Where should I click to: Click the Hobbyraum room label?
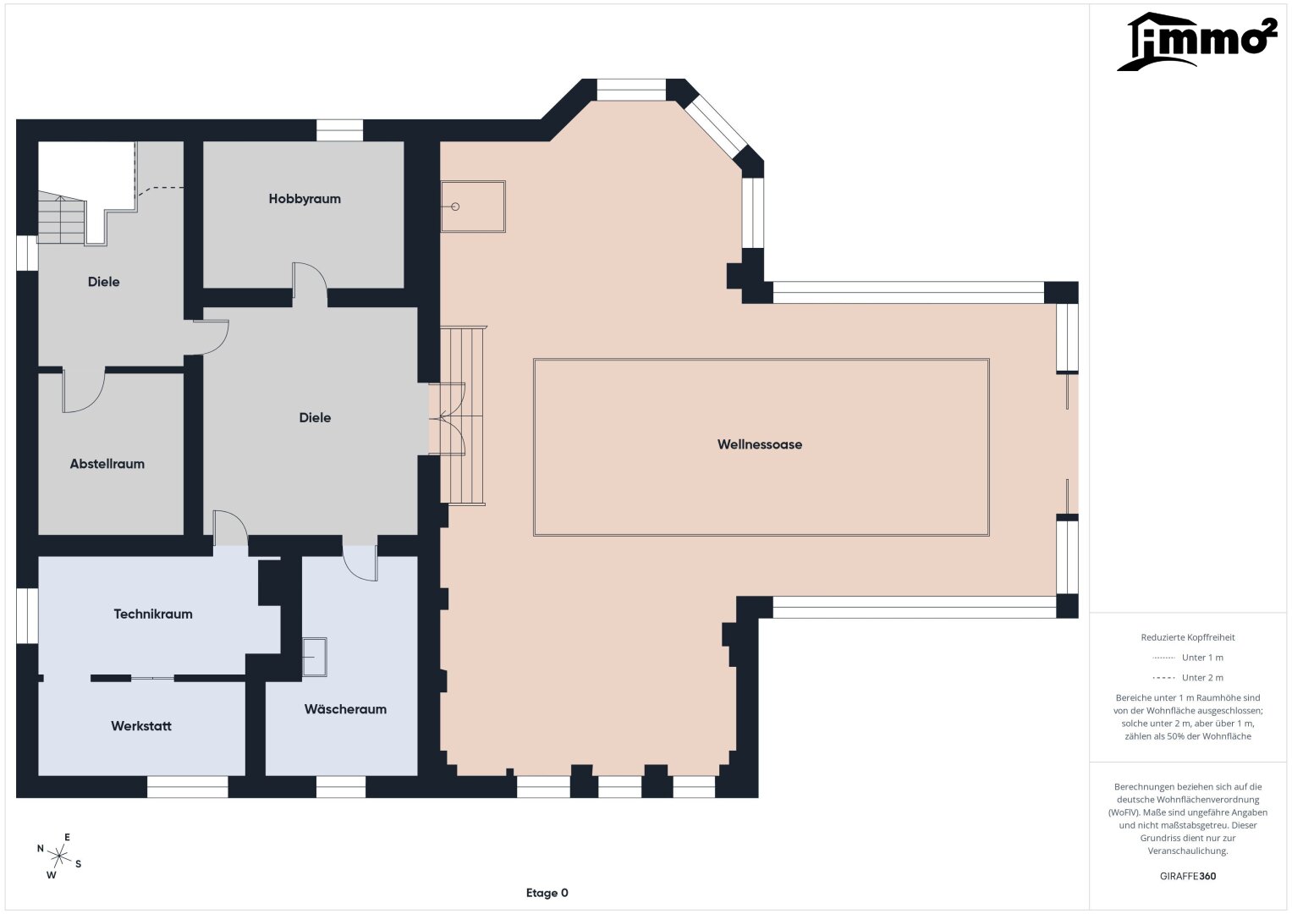coord(305,199)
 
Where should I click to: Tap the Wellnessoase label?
coord(760,444)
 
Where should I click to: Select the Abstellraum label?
coord(107,464)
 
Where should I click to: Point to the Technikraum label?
coord(153,614)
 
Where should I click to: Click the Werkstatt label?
coord(141,726)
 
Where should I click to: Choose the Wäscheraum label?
coord(345,709)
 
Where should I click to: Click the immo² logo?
coord(1197,41)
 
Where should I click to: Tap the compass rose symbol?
coord(59,856)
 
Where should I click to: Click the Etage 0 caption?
coord(547,893)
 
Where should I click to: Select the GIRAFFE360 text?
coord(1188,876)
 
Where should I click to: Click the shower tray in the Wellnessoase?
coord(473,206)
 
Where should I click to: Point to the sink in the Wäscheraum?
coord(315,657)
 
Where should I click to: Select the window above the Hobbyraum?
coord(340,130)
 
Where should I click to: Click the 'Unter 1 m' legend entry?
coord(1188,658)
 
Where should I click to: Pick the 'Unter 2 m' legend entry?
coord(1188,677)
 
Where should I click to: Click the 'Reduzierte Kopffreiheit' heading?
coord(1188,637)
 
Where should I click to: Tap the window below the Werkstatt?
coord(188,787)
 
